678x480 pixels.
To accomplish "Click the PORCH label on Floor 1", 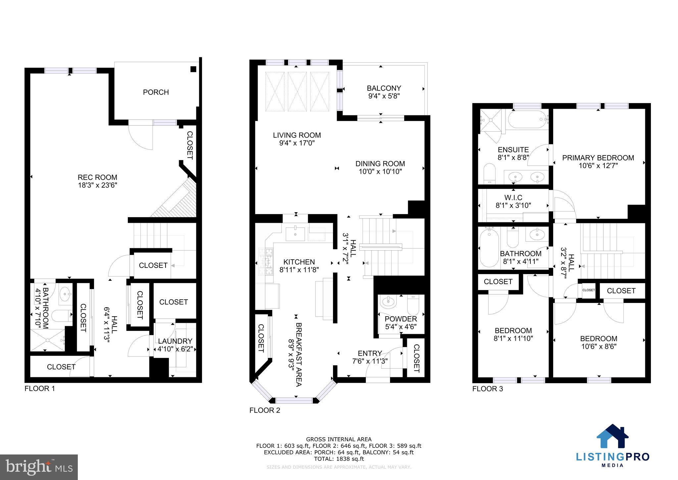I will pyautogui.click(x=156, y=92).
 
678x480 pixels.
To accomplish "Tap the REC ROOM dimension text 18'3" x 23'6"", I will pyautogui.click(x=97, y=185).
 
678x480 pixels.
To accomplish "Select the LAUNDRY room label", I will pyautogui.click(x=175, y=341).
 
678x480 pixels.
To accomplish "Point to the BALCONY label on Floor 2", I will pyautogui.click(x=384, y=88).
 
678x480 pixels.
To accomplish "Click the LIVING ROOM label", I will pyautogui.click(x=297, y=135).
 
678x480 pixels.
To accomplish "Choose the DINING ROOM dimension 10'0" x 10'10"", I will pyautogui.click(x=380, y=171).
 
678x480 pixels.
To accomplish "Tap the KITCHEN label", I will pyautogui.click(x=299, y=262).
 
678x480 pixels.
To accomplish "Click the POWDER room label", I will pyautogui.click(x=401, y=319).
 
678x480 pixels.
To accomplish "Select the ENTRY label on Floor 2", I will pyautogui.click(x=370, y=353).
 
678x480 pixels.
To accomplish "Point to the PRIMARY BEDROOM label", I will pyautogui.click(x=598, y=158).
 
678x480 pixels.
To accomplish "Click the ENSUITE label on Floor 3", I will pyautogui.click(x=513, y=150).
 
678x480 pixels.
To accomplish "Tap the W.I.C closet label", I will pyautogui.click(x=513, y=198).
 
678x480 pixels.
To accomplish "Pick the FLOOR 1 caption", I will pyautogui.click(x=40, y=389).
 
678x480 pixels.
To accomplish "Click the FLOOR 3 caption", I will pyautogui.click(x=487, y=389).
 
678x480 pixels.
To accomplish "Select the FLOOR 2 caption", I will pyautogui.click(x=265, y=410).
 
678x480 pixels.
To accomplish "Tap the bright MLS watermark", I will pyautogui.click(x=39, y=467).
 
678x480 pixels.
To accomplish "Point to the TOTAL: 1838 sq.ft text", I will pyautogui.click(x=339, y=459).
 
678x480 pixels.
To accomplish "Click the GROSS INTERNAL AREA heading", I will pyautogui.click(x=339, y=440).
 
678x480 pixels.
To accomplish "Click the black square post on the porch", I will pyautogui.click(x=193, y=69).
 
